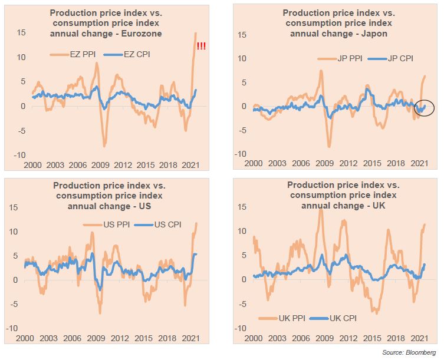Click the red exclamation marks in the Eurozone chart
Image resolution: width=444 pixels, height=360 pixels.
tap(201, 47)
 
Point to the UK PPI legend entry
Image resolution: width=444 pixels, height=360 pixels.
tap(285, 318)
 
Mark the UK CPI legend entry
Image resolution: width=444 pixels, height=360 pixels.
tap(338, 318)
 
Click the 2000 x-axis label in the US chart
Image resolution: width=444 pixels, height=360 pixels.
tap(25, 338)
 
